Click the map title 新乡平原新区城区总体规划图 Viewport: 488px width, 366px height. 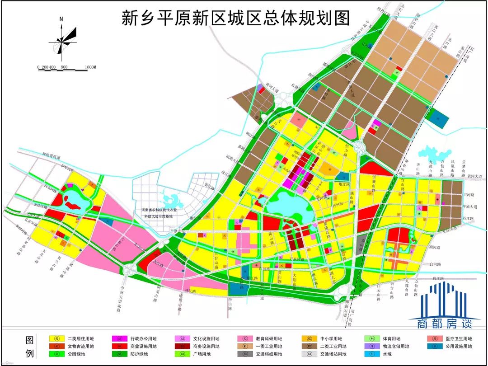tap(236, 19)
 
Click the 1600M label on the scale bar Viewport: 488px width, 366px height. tap(89, 67)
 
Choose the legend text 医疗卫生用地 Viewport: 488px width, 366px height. tap(456, 338)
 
